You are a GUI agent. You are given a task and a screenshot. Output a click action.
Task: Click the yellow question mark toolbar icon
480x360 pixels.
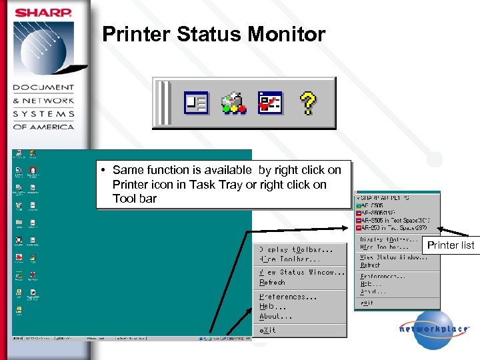(x=307, y=103)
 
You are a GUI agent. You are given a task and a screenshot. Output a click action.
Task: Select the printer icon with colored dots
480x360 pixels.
(x=234, y=103)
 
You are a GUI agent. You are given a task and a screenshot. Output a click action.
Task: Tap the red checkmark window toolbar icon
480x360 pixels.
(x=270, y=103)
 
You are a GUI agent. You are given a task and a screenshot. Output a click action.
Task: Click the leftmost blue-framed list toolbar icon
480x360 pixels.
(x=197, y=103)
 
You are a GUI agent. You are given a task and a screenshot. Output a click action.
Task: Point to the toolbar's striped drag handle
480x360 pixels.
(x=164, y=103)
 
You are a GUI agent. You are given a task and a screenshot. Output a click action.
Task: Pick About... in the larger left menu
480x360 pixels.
(x=276, y=316)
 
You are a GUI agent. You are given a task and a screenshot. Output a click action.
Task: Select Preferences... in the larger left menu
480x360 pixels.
(x=288, y=297)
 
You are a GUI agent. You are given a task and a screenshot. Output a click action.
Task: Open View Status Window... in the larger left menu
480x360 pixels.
(x=302, y=272)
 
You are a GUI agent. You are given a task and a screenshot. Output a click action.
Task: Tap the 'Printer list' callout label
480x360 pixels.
(x=451, y=245)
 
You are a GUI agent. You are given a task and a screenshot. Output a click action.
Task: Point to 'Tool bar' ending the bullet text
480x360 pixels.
(x=134, y=199)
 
